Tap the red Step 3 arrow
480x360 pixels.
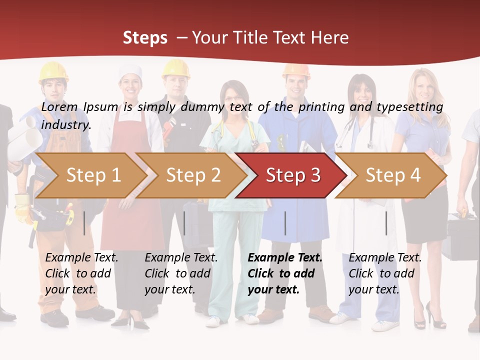[x=293, y=175]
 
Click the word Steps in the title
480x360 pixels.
[x=145, y=38]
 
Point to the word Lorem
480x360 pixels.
[x=59, y=106]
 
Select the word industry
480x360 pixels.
[x=66, y=125]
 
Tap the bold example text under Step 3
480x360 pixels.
[x=285, y=273]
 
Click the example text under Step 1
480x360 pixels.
[x=82, y=273]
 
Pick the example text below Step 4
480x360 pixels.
[x=385, y=273]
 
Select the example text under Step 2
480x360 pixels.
[x=181, y=273]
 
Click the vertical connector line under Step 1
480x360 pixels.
[x=84, y=223]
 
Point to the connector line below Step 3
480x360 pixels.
[x=285, y=223]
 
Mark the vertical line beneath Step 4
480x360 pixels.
[x=386, y=223]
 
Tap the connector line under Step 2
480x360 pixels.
[x=184, y=223]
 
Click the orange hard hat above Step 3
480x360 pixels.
[x=296, y=71]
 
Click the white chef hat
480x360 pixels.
[x=130, y=73]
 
